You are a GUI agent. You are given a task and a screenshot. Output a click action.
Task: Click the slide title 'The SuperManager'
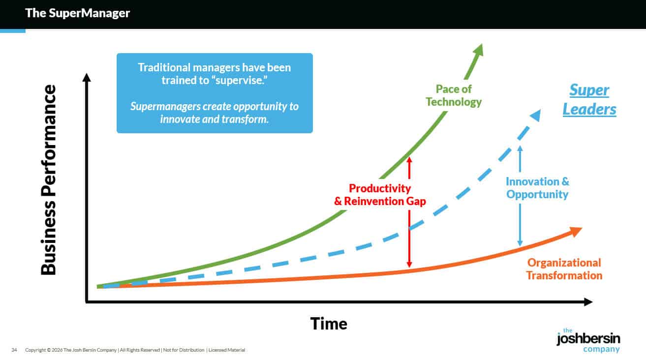pyautogui.click(x=77, y=13)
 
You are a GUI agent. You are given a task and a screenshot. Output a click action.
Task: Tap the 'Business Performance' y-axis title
pyautogui.click(x=48, y=180)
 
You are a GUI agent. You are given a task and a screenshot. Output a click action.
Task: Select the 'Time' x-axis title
pyautogui.click(x=328, y=324)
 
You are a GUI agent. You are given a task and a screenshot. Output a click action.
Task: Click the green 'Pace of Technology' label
pyautogui.click(x=454, y=95)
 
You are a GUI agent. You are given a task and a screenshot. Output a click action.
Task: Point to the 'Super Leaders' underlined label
pyautogui.click(x=589, y=99)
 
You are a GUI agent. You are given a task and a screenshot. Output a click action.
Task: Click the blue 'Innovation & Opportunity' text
pyautogui.click(x=537, y=188)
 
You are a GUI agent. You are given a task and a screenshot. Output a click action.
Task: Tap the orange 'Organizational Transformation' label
pyautogui.click(x=564, y=269)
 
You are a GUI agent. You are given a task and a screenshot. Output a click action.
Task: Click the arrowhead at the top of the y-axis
pyautogui.click(x=87, y=78)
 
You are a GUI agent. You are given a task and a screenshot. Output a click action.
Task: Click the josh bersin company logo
pyautogui.click(x=588, y=340)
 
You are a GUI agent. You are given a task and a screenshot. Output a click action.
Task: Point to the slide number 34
pyautogui.click(x=14, y=350)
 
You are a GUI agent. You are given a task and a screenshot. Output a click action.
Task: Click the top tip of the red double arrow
pyautogui.click(x=409, y=157)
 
